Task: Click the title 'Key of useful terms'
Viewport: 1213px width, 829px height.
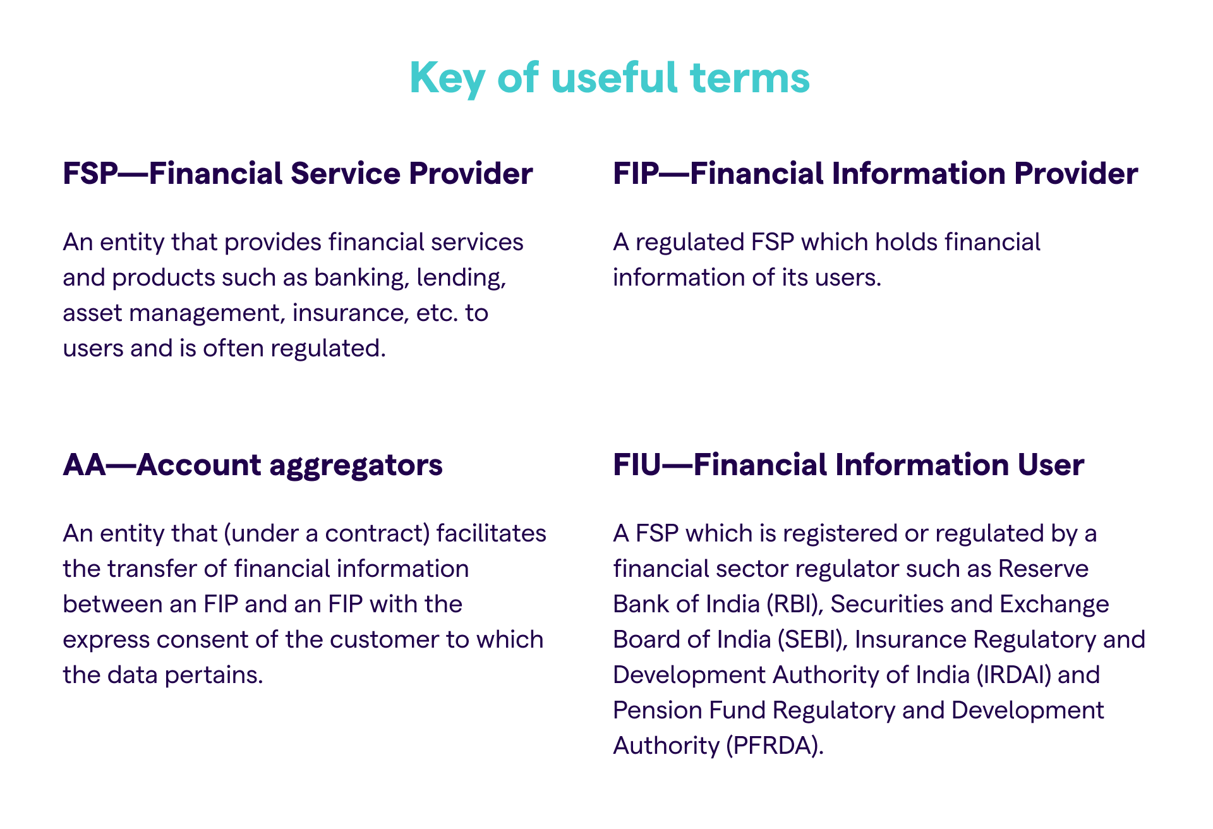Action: [x=610, y=78]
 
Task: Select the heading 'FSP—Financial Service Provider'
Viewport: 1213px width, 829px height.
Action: [x=298, y=174]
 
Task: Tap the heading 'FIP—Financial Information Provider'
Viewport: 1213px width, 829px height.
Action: [x=876, y=174]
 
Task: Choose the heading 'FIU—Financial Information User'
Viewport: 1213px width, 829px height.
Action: [x=848, y=465]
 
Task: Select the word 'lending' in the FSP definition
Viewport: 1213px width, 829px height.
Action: [x=461, y=279]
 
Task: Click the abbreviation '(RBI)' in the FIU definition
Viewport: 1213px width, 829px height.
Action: [x=795, y=605]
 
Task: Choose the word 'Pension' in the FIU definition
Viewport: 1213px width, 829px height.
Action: [x=657, y=711]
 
